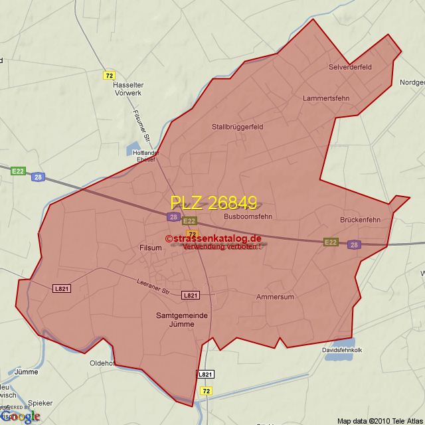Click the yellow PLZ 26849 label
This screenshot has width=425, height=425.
click(213, 203)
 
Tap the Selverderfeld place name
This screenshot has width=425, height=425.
click(350, 67)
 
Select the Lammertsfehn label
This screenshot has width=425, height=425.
click(325, 98)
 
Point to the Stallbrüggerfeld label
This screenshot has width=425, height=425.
click(238, 127)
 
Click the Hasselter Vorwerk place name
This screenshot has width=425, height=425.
click(127, 89)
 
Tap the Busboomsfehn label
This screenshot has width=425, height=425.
click(248, 216)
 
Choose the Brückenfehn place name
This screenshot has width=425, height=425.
click(360, 220)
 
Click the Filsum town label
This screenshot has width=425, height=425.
click(151, 248)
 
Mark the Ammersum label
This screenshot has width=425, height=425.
click(275, 297)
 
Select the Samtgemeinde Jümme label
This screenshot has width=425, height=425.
click(176, 319)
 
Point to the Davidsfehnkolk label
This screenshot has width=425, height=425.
click(343, 349)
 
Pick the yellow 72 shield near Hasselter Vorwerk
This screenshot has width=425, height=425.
click(110, 75)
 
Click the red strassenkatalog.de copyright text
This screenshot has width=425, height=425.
click(213, 238)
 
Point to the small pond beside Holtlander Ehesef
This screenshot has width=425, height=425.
click(132, 149)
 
